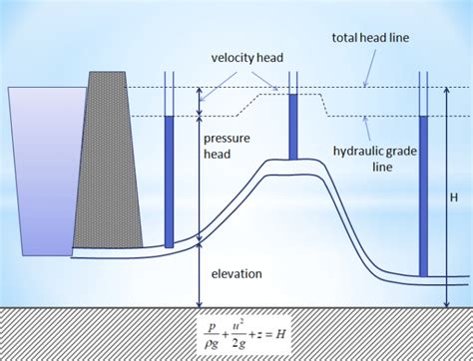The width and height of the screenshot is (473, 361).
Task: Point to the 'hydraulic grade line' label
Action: coord(368,160)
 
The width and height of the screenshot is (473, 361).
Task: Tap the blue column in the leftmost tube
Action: coord(169,180)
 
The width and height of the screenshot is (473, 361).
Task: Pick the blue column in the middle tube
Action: coord(293,127)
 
